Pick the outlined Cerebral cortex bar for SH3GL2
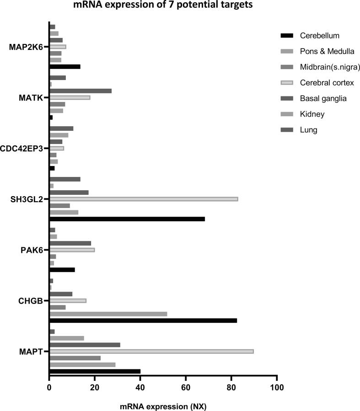click(143, 199)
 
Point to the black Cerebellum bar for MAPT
click(95, 371)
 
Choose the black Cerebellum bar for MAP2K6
click(64, 67)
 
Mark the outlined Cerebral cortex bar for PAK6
click(72, 250)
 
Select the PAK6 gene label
click(33, 250)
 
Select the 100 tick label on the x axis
click(277, 388)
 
